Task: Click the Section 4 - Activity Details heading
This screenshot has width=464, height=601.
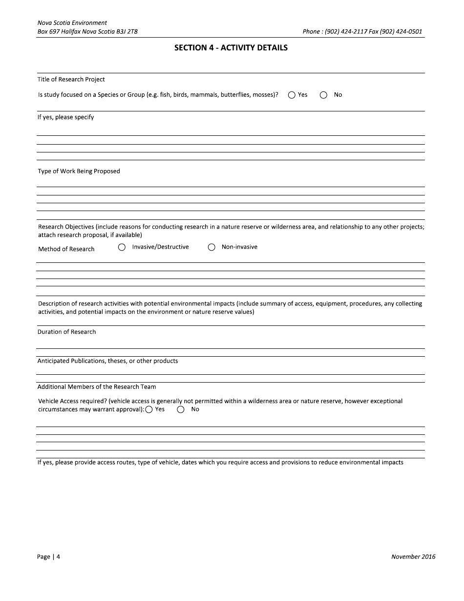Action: point(231,48)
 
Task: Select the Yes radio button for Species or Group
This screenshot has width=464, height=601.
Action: point(292,95)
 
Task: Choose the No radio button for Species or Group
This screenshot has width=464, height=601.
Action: point(323,95)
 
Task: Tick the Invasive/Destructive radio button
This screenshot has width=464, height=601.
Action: point(122,247)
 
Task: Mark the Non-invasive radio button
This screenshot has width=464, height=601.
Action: point(211,247)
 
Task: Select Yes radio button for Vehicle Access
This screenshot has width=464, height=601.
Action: point(149,410)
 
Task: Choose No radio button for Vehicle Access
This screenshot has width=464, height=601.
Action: point(181,410)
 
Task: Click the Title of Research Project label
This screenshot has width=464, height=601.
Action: point(71,80)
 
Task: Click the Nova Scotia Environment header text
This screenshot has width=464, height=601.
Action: point(72,23)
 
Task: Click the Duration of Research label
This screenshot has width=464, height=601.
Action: point(67,332)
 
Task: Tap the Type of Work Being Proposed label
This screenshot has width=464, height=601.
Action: point(79,172)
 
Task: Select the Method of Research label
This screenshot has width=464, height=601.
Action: point(66,249)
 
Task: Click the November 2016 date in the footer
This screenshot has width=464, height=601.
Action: point(413,557)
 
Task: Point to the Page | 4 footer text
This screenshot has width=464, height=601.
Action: point(49,557)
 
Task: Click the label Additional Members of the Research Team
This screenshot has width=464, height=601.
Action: point(97,387)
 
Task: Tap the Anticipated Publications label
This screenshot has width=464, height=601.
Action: point(108,361)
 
